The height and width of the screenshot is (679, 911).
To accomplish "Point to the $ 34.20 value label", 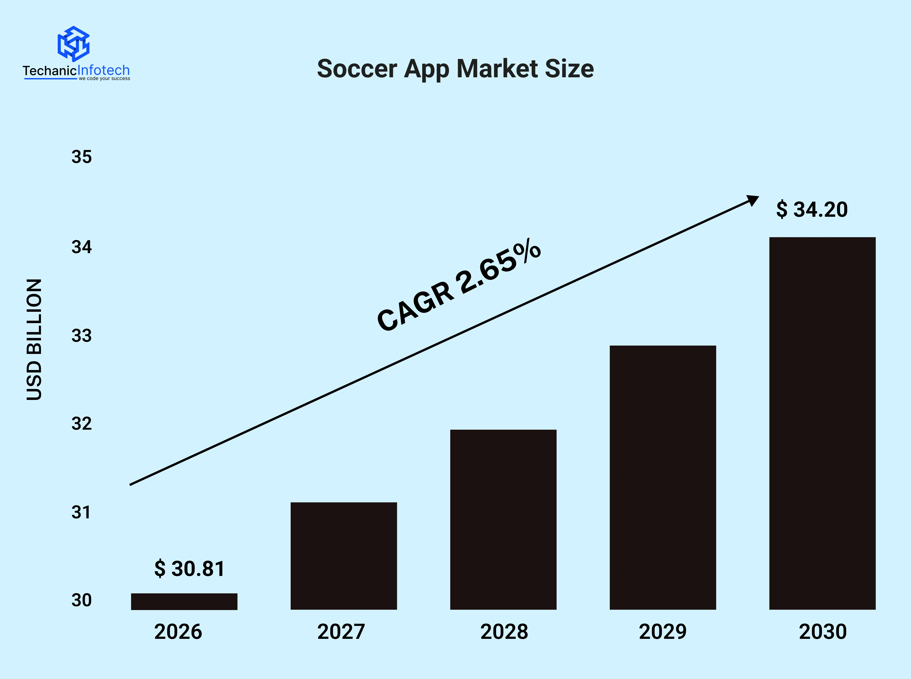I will pyautogui.click(x=812, y=210).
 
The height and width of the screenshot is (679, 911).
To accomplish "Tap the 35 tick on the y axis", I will pyautogui.click(x=81, y=157).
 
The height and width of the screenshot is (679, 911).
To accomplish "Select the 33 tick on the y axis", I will pyautogui.click(x=81, y=336).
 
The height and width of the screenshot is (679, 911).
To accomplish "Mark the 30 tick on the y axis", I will pyautogui.click(x=81, y=600).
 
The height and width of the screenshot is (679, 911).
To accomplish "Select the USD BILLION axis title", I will pyautogui.click(x=34, y=339).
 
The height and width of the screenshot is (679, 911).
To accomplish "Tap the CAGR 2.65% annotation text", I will pyautogui.click(x=459, y=286).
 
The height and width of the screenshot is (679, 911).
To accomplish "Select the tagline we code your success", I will pyautogui.click(x=104, y=78).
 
